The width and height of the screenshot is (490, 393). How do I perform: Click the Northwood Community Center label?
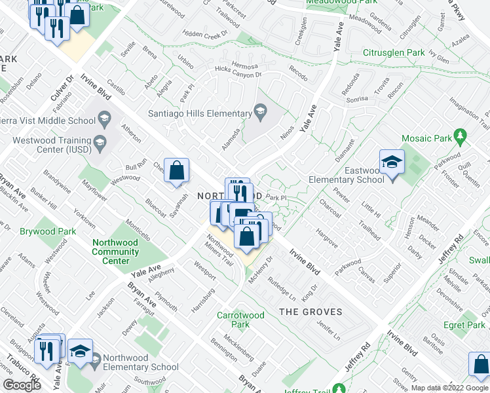tap(115, 252)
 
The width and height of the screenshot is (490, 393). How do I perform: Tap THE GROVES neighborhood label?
tap(311, 312)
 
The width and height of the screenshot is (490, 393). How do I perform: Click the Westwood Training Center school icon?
tap(100, 142)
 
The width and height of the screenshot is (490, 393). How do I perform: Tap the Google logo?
tap(22, 385)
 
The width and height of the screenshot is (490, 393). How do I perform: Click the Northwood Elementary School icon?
tap(96, 360)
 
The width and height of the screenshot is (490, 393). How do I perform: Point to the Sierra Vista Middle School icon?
tap(104, 119)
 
